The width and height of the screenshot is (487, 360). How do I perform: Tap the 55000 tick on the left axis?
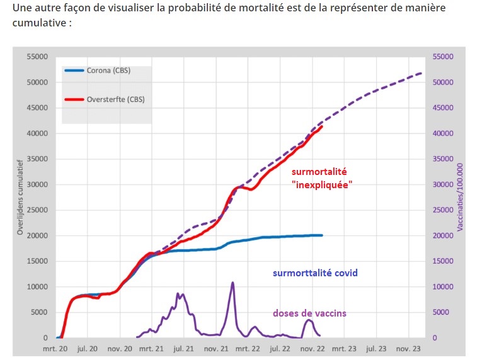pos(37,57)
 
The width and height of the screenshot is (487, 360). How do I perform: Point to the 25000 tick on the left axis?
pos(37,210)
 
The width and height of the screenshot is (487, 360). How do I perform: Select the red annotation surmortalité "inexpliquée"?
pos(320,178)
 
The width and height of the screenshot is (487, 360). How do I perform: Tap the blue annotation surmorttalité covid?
pos(315,273)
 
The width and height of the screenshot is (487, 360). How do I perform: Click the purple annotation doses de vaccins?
pos(309,313)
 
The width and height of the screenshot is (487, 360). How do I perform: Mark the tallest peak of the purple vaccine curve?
pos(232,283)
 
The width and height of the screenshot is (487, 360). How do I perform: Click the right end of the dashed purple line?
pos(421,73)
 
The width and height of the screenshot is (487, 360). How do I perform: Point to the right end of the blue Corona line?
pos(322,235)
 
